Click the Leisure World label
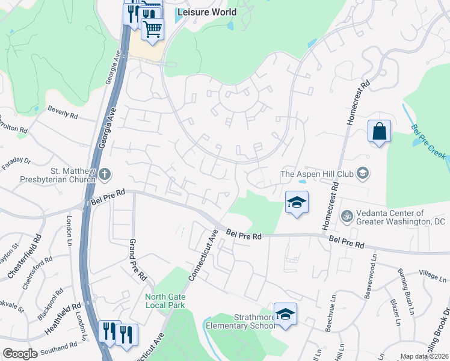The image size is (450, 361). [x=207, y=12]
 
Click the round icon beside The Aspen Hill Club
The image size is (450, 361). [x=363, y=174]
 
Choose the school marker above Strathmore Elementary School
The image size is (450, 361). [x=286, y=314]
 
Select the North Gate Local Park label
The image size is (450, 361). [x=165, y=301]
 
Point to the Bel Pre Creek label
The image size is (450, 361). [x=428, y=141]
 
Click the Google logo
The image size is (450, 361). [x=20, y=354]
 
